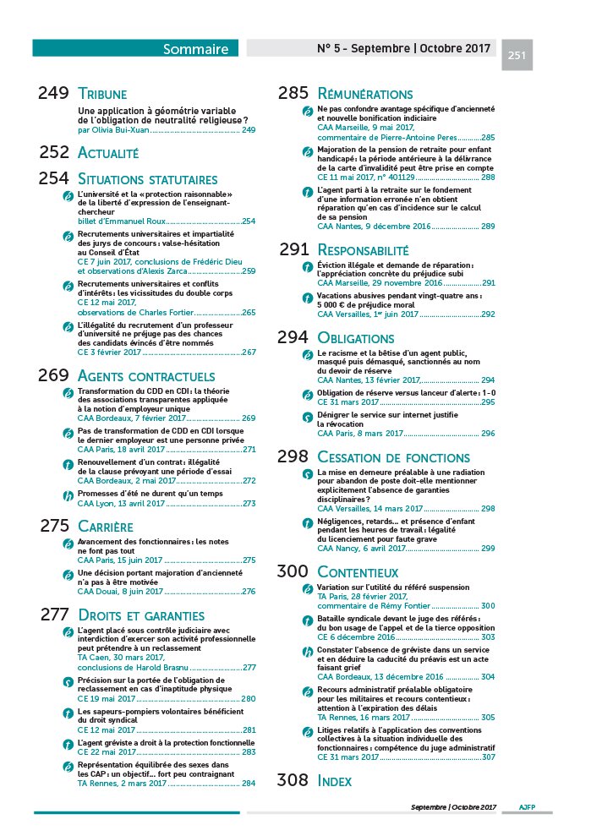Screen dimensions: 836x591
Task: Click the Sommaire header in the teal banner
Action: click(x=195, y=49)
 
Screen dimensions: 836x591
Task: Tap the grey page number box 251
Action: click(x=517, y=56)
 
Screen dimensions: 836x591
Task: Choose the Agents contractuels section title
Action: click(x=145, y=375)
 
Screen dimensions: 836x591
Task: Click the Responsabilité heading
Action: click(x=363, y=249)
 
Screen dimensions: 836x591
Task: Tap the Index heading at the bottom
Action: click(x=335, y=781)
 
